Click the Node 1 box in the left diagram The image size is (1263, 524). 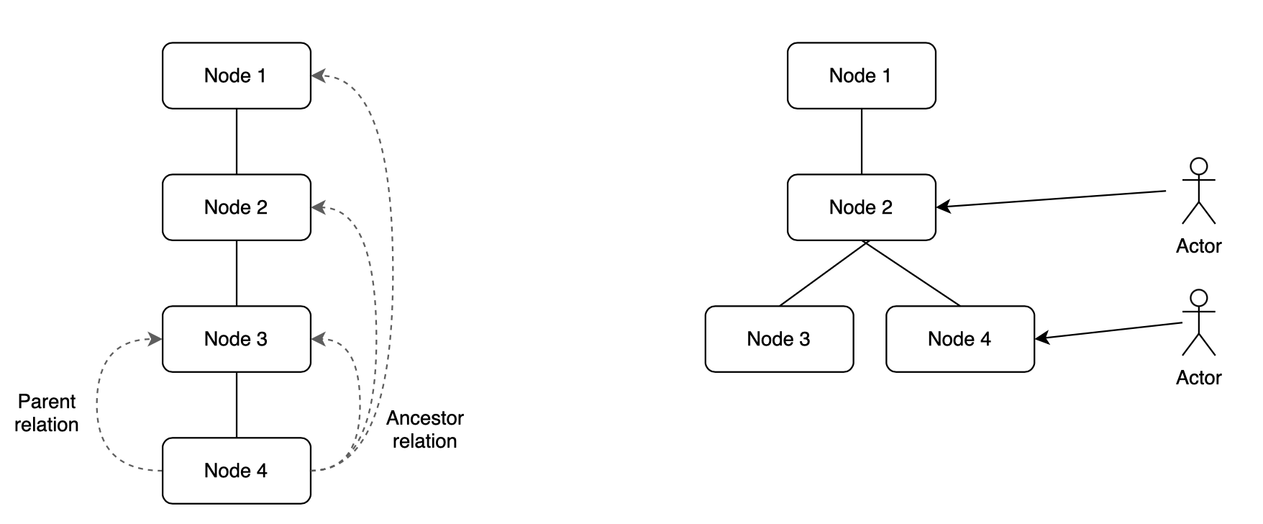(x=236, y=76)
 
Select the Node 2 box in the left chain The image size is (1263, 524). (x=236, y=207)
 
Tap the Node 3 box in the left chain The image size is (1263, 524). (x=236, y=339)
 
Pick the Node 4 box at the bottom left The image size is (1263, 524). (x=236, y=471)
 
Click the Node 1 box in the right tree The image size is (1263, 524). (x=861, y=76)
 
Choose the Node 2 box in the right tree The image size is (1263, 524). (x=861, y=207)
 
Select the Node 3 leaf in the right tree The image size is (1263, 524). (x=779, y=339)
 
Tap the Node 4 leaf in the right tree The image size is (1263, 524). (x=959, y=339)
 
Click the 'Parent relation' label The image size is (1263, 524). (x=47, y=413)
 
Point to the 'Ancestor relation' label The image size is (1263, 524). (x=424, y=430)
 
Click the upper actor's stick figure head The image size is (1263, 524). (x=1198, y=166)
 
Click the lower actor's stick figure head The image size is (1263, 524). (x=1198, y=297)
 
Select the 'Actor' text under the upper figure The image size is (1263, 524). (x=1198, y=246)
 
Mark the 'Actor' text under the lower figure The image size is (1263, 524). (x=1198, y=378)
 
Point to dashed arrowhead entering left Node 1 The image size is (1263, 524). (x=318, y=76)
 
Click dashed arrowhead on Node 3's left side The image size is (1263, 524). (x=155, y=339)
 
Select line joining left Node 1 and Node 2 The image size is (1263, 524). (x=237, y=141)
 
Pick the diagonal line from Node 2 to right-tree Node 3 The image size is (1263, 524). (x=822, y=274)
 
